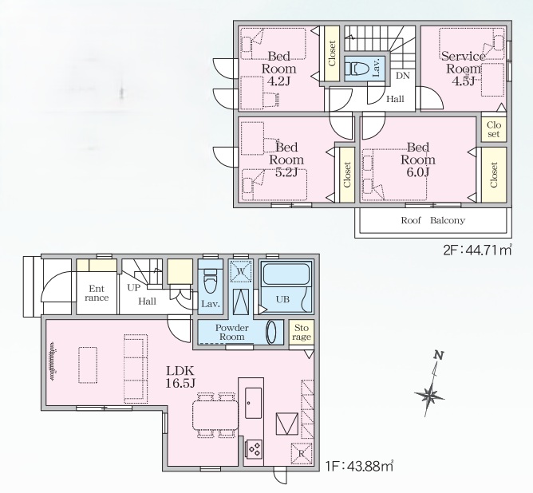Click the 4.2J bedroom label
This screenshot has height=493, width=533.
point(278,69)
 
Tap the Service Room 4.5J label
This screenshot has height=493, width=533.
point(464,69)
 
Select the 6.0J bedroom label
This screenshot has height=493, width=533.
point(418,160)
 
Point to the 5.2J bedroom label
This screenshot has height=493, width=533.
point(286,160)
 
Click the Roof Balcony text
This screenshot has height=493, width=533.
point(432,220)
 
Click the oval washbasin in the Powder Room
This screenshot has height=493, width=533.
point(272,332)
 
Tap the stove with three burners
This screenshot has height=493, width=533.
point(254,448)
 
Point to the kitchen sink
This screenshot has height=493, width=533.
point(254,403)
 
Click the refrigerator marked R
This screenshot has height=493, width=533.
point(301,454)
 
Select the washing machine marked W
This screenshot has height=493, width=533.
point(241,271)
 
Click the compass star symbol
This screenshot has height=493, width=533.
point(430,395)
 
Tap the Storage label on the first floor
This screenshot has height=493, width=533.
point(301,333)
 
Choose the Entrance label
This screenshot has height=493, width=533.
point(97,294)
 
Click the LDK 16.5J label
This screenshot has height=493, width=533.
point(180,377)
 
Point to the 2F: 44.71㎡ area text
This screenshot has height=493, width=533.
point(477,250)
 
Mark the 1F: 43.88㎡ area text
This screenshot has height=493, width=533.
point(359,466)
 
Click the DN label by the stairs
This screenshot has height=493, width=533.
point(403,76)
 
